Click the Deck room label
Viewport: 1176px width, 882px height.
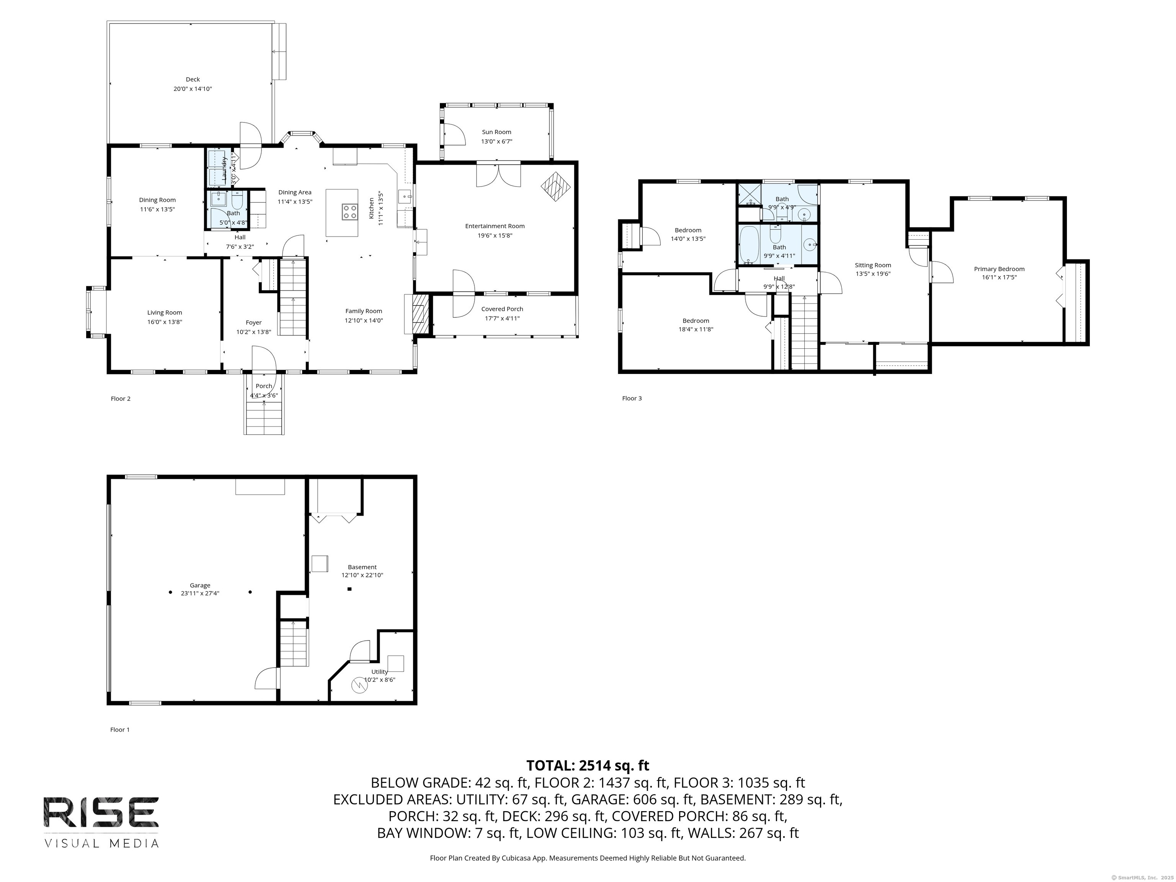pos(193,79)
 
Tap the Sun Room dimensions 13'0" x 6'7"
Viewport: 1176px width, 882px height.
pos(496,141)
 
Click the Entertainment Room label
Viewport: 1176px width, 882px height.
pos(495,226)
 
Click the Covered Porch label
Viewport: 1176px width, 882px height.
pos(502,309)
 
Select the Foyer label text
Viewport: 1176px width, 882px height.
pos(253,323)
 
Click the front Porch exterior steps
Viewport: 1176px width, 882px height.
pos(264,417)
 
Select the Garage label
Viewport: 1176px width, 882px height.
pos(200,585)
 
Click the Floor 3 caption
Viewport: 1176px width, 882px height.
pos(632,398)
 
